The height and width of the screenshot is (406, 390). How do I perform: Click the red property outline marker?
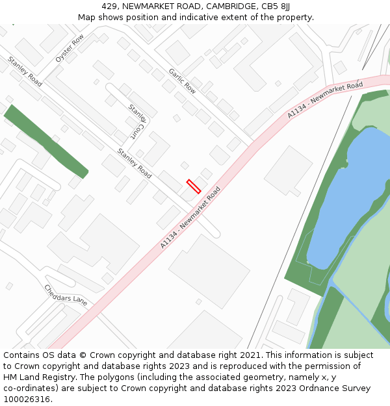[x=194, y=186]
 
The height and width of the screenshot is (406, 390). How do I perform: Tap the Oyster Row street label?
[x=70, y=49]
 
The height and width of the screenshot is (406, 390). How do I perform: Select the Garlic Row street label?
[x=182, y=81]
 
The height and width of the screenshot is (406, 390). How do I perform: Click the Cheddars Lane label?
[x=66, y=295]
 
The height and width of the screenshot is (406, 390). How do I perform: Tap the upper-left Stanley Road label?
[x=25, y=71]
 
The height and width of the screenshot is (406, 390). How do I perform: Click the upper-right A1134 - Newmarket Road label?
[x=325, y=100]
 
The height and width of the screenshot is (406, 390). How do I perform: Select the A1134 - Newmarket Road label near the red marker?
[x=190, y=218]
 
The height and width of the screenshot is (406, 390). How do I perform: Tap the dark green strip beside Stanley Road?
[x=45, y=141]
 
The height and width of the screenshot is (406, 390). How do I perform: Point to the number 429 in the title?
[x=109, y=6]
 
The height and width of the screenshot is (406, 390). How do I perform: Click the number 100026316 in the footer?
[x=26, y=399]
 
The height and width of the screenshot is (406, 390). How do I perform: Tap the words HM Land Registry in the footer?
[x=35, y=377]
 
